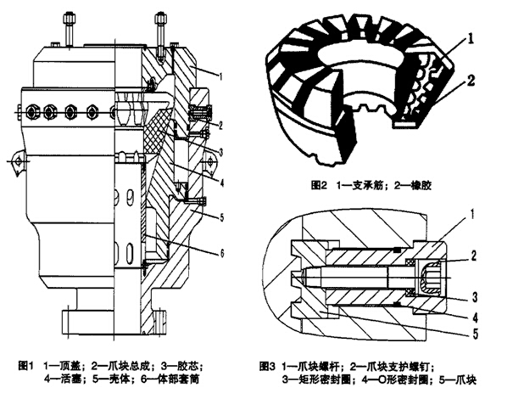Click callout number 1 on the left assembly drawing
221,76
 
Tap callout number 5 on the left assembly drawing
221,217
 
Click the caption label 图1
19,367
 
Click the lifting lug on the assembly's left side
16,158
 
